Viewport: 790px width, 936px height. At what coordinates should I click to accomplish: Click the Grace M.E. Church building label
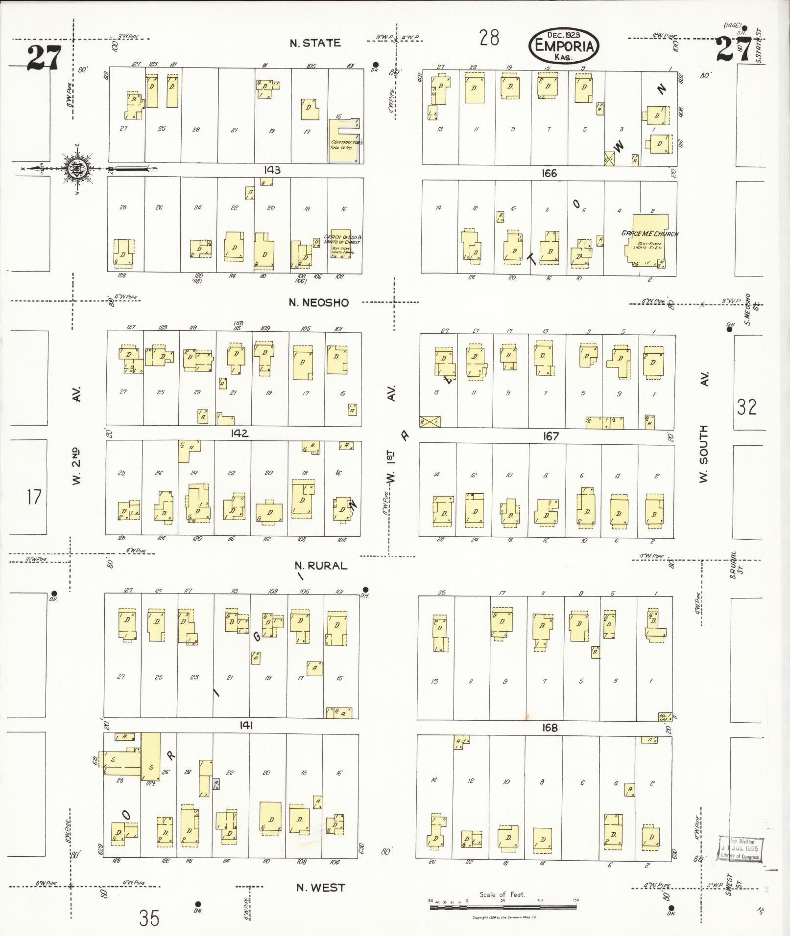pos(649,233)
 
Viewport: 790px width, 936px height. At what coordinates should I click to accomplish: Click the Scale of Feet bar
pos(503,907)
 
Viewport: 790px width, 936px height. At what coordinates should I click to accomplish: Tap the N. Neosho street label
pos(319,302)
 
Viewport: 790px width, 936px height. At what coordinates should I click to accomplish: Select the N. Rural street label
pos(321,566)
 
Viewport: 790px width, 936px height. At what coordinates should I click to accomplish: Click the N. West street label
pos(321,887)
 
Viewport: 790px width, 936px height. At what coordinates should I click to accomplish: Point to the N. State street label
pos(315,43)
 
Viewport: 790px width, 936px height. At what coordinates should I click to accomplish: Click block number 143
pos(272,170)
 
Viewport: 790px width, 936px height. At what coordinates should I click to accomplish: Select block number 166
pos(550,173)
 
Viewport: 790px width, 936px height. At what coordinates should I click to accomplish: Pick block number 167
pos(551,436)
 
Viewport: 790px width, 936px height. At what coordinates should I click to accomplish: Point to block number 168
pos(550,728)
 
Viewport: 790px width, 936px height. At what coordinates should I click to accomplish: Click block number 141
pos(246,726)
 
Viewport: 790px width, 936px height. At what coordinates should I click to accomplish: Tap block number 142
pos(240,433)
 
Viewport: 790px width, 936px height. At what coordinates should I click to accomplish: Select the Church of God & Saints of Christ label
pos(342,239)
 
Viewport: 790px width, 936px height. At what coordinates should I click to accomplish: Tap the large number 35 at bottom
pos(149,918)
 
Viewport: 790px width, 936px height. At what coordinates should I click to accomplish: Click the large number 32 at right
pos(746,407)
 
